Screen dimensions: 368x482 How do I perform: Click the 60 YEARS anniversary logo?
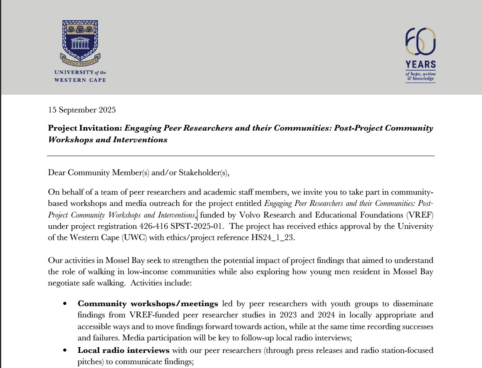click(420, 54)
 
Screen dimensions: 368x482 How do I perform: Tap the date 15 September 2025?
click(82, 110)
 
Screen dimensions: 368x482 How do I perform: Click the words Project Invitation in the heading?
click(85, 128)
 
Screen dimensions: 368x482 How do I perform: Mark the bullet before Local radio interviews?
click(65, 350)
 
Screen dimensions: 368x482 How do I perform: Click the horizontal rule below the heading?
click(241, 156)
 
